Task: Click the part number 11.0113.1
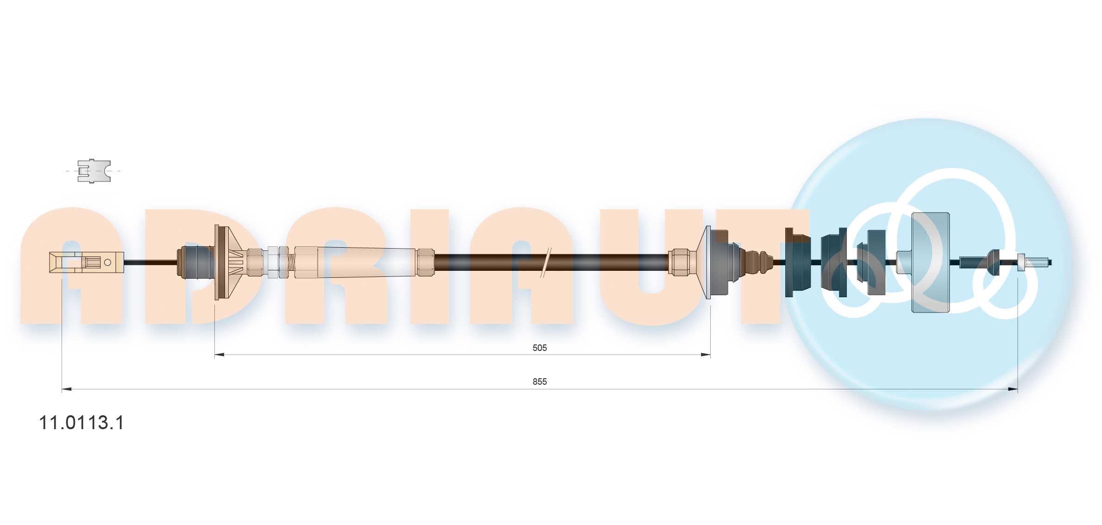tap(81, 423)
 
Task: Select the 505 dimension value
tap(539, 348)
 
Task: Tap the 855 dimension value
tap(539, 381)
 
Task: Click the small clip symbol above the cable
tap(94, 171)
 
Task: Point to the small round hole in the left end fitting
tap(108, 262)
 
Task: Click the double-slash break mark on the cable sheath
tap(545, 262)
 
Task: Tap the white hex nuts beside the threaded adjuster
tap(278, 262)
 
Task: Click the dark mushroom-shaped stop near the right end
tap(993, 262)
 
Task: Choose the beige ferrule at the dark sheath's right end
tap(679, 262)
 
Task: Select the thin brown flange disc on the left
tap(217, 262)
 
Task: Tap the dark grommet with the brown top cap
tap(797, 262)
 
